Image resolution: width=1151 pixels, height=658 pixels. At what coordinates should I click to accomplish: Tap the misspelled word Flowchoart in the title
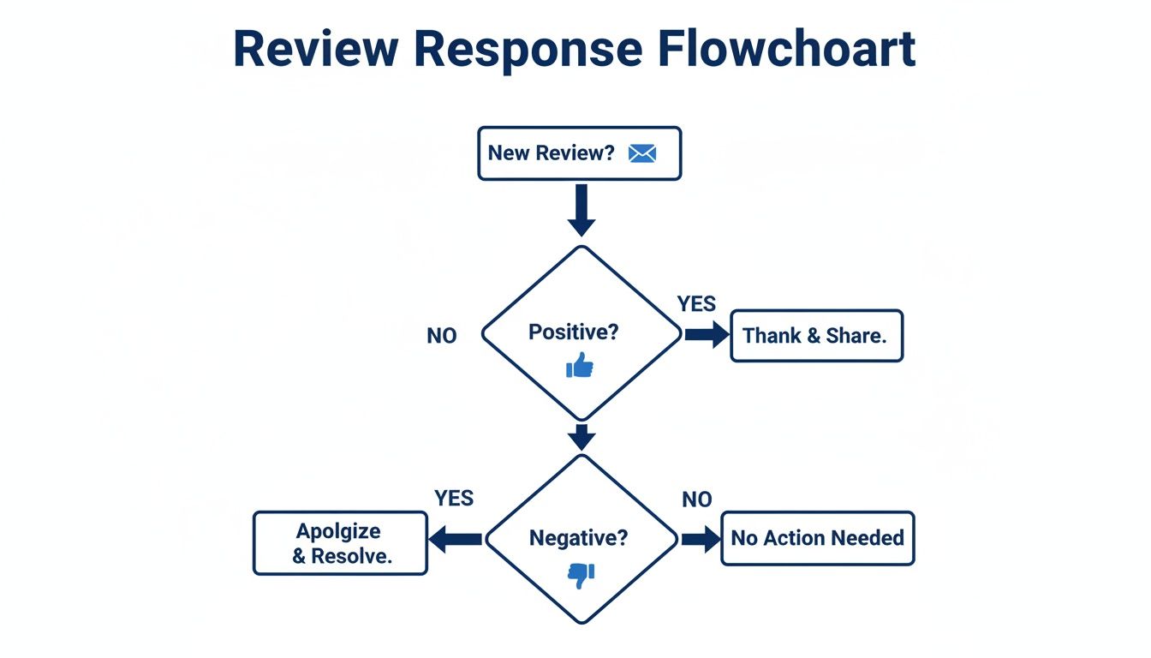(788, 49)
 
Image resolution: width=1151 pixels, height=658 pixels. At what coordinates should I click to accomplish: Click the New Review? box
(579, 153)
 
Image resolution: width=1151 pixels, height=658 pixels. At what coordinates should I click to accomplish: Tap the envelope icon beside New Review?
(641, 153)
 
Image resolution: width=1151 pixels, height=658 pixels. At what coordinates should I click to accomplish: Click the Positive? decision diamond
(581, 333)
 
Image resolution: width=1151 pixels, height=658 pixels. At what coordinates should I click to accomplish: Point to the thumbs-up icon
(580, 366)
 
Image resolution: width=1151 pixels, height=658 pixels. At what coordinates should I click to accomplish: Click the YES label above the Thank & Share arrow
(696, 304)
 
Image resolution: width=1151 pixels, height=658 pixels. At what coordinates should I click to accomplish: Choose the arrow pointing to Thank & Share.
(706, 335)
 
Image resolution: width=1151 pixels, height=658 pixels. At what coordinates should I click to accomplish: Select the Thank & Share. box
(816, 336)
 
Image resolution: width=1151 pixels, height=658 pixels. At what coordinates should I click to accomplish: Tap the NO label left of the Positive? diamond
(442, 337)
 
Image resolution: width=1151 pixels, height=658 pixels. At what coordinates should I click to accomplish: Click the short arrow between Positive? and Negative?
(581, 437)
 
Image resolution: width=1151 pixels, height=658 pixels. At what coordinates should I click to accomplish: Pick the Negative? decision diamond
(581, 538)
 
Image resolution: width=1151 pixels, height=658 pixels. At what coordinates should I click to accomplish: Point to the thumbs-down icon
(581, 574)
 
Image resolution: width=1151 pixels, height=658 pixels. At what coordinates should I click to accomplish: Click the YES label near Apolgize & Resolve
(454, 499)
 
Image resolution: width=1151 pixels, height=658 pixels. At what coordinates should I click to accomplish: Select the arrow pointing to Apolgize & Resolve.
(456, 539)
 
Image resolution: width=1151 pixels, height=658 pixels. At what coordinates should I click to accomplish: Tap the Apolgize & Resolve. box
(340, 543)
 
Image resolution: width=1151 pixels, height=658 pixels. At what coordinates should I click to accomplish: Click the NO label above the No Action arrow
(697, 499)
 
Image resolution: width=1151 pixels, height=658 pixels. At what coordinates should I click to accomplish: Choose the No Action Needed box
(817, 539)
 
